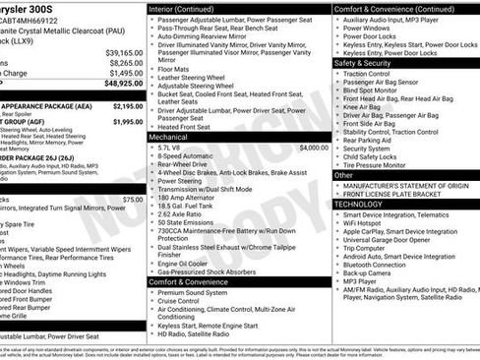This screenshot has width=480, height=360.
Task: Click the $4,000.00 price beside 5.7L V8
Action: [314, 148]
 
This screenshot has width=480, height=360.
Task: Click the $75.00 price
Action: [132, 199]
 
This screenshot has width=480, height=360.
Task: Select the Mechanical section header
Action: [168, 138]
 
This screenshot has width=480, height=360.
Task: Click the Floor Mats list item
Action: [173, 70]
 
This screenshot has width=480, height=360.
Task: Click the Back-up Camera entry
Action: [370, 272]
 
